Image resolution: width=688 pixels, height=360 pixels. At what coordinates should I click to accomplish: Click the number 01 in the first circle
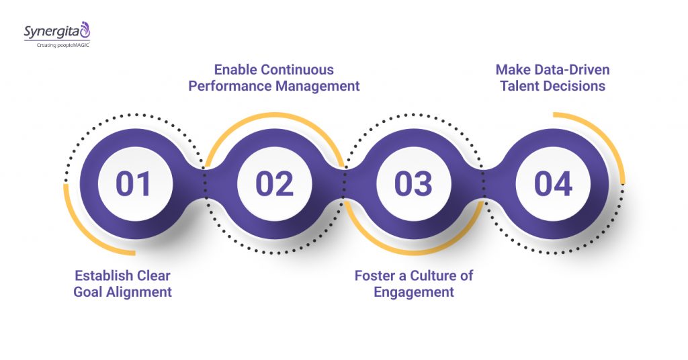point(134,184)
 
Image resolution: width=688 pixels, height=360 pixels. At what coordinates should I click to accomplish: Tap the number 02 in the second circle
point(274,184)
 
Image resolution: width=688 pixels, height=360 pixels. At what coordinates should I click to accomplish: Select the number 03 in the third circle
point(413,184)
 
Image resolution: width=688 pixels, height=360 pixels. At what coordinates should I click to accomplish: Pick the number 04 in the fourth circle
point(553,184)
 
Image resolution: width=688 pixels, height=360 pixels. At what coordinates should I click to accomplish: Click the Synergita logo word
point(50,31)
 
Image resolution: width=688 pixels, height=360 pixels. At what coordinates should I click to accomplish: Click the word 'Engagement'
point(414,292)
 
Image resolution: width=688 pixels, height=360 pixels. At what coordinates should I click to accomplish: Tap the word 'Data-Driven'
point(572,70)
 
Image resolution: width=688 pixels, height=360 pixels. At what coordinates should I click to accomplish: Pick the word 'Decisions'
point(574,86)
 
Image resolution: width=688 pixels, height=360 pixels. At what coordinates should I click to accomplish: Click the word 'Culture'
point(431,276)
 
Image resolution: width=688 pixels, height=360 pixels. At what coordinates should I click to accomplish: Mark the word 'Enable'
point(235,70)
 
